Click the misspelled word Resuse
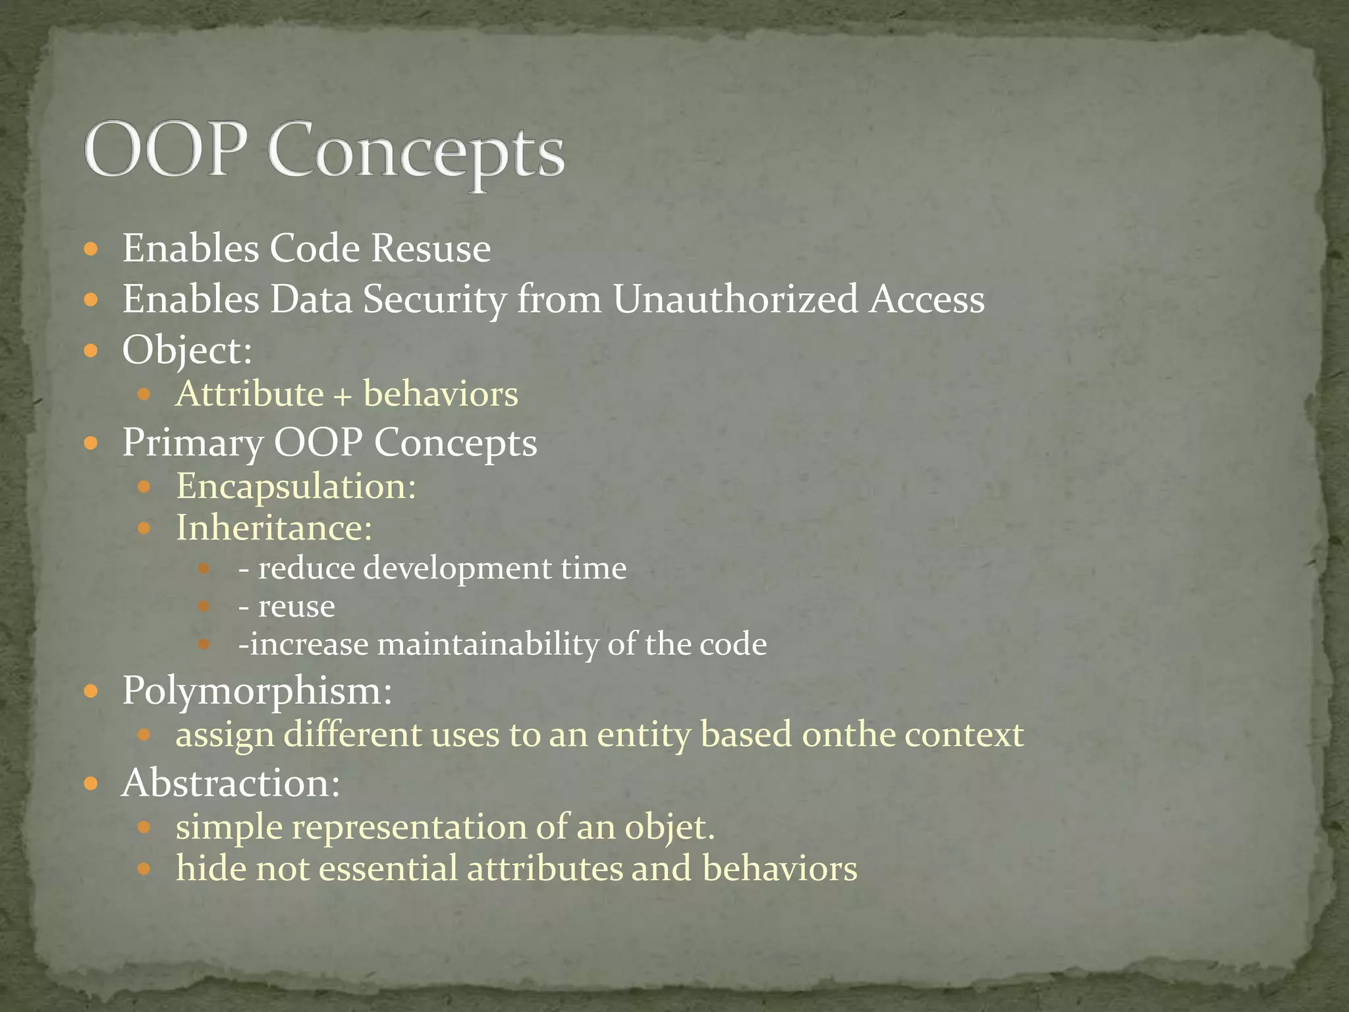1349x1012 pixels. coord(431,248)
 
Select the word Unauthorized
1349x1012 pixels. coord(736,299)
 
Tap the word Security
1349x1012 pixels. coord(435,299)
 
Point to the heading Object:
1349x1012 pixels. coord(187,350)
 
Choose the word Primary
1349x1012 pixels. coord(192,443)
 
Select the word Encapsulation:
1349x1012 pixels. coord(296,487)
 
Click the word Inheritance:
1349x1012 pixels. coord(274,528)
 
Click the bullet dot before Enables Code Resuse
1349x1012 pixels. coord(92,250)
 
